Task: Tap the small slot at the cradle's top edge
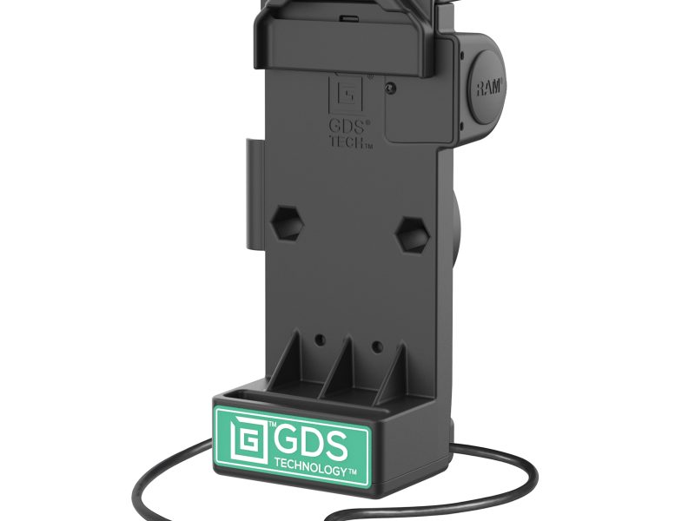click(345, 15)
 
